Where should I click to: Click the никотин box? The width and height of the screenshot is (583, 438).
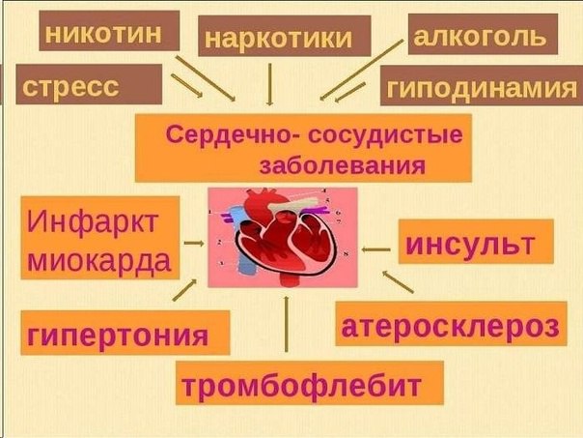pyautogui.click(x=109, y=31)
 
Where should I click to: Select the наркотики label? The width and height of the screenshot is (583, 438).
pyautogui.click(x=285, y=36)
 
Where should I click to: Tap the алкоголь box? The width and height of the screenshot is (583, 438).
pyautogui.click(x=483, y=34)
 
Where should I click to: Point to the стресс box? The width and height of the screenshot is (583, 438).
pyautogui.click(x=89, y=84)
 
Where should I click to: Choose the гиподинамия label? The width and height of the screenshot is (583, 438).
pyautogui.click(x=482, y=86)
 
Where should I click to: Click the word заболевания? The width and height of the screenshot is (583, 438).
pyautogui.click(x=343, y=164)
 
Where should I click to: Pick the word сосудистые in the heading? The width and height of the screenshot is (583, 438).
pyautogui.click(x=385, y=134)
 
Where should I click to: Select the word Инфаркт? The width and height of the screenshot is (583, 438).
pyautogui.click(x=93, y=222)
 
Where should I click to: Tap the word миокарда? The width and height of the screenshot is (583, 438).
pyautogui.click(x=99, y=259)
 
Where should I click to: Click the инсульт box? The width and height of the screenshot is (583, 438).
pyautogui.click(x=476, y=242)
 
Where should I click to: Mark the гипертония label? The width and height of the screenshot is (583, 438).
pyautogui.click(x=125, y=333)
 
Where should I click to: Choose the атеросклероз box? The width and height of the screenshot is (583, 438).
pyautogui.click(x=451, y=324)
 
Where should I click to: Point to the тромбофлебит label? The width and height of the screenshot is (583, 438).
pyautogui.click(x=310, y=383)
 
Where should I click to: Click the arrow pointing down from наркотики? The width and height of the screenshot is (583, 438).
pyautogui.click(x=270, y=84)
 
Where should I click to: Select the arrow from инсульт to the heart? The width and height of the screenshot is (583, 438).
pyautogui.click(x=375, y=249)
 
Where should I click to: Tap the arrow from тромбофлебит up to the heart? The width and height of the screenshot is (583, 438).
pyautogui.click(x=286, y=324)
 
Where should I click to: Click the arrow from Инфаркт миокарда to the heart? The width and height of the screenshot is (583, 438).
pyautogui.click(x=194, y=244)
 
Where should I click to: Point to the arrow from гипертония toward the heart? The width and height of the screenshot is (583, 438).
pyautogui.click(x=184, y=290)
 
